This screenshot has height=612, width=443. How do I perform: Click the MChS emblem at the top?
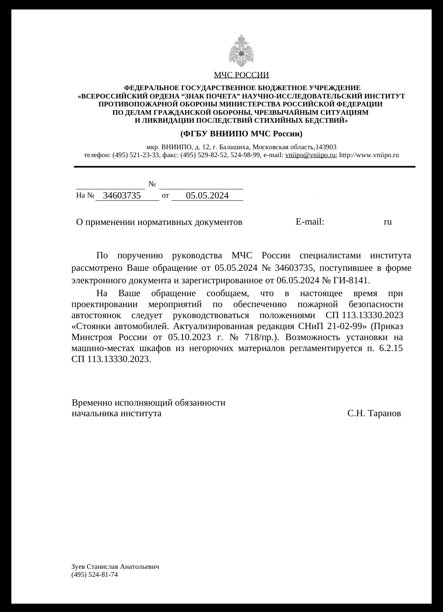241,51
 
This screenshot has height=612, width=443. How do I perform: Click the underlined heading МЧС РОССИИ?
241,75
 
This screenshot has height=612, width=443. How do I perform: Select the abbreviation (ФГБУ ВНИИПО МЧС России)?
241,134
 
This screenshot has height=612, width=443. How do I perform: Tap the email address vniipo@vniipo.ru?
310,155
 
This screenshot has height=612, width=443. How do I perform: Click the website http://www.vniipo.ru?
369,155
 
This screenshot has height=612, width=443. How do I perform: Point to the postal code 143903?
326,147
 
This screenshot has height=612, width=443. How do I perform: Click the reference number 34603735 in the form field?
122,195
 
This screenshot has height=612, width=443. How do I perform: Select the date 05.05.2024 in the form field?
207,195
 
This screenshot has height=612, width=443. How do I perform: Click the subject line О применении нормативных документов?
159,222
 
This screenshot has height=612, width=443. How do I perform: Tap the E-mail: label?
310,222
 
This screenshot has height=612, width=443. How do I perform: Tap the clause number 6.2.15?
391,348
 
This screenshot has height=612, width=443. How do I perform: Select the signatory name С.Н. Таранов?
374,413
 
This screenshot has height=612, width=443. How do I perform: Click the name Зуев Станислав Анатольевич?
115,567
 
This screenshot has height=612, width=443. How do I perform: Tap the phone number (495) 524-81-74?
95,575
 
